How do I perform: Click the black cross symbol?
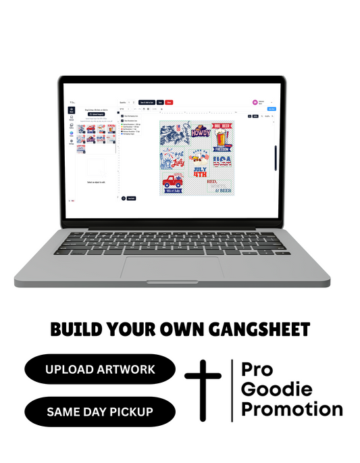(203, 390)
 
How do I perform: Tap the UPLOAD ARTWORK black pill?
(100, 369)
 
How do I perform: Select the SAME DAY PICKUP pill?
(100, 411)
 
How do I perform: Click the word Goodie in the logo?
(277, 389)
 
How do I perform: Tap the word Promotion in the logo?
(292, 409)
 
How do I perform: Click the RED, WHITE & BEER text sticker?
(218, 186)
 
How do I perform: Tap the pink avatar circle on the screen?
(254, 102)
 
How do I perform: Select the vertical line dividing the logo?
(232, 390)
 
